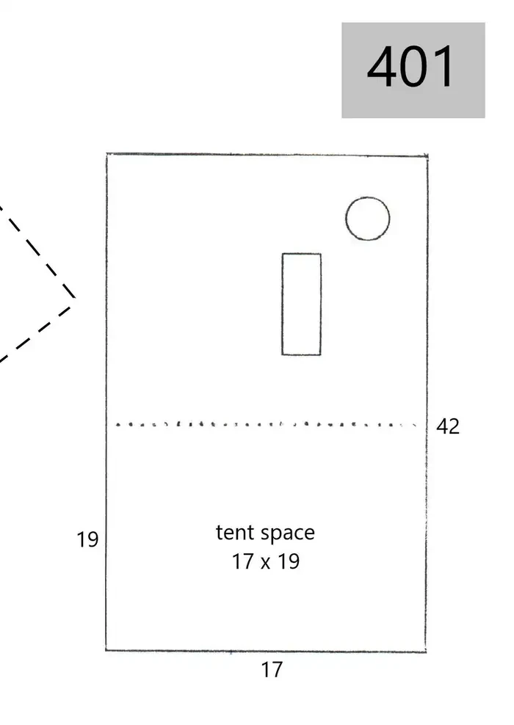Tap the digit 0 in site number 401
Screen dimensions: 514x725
[414, 66]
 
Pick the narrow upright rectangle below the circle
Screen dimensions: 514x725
[302, 305]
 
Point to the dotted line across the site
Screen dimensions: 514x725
[266, 424]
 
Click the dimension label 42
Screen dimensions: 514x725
[448, 426]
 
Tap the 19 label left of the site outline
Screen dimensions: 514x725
[87, 539]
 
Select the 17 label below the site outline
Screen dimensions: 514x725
[272, 669]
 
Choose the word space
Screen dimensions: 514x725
[287, 534]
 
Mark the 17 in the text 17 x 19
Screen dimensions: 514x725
[242, 561]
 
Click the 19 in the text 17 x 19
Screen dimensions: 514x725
[289, 561]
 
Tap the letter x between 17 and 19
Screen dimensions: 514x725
[265, 564]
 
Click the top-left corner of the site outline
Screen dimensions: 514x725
[107, 154]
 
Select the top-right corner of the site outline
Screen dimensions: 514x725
[427, 156]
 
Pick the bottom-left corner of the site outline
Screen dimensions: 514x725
[106, 649]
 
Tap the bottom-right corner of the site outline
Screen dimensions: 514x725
[425, 652]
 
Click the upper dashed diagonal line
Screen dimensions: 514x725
[37, 252]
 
